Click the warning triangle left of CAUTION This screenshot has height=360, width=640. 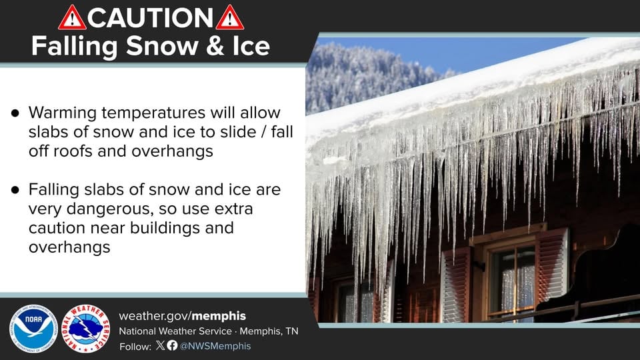[x=72, y=18]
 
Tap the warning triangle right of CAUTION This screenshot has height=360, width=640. [x=230, y=18]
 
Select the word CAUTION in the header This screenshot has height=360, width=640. [x=151, y=18]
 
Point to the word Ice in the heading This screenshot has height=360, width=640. [x=249, y=47]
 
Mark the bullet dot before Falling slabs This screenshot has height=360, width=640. [x=15, y=190]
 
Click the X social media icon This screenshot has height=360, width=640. [x=160, y=345]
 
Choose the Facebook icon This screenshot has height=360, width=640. [x=172, y=345]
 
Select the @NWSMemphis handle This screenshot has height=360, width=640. [x=215, y=346]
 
